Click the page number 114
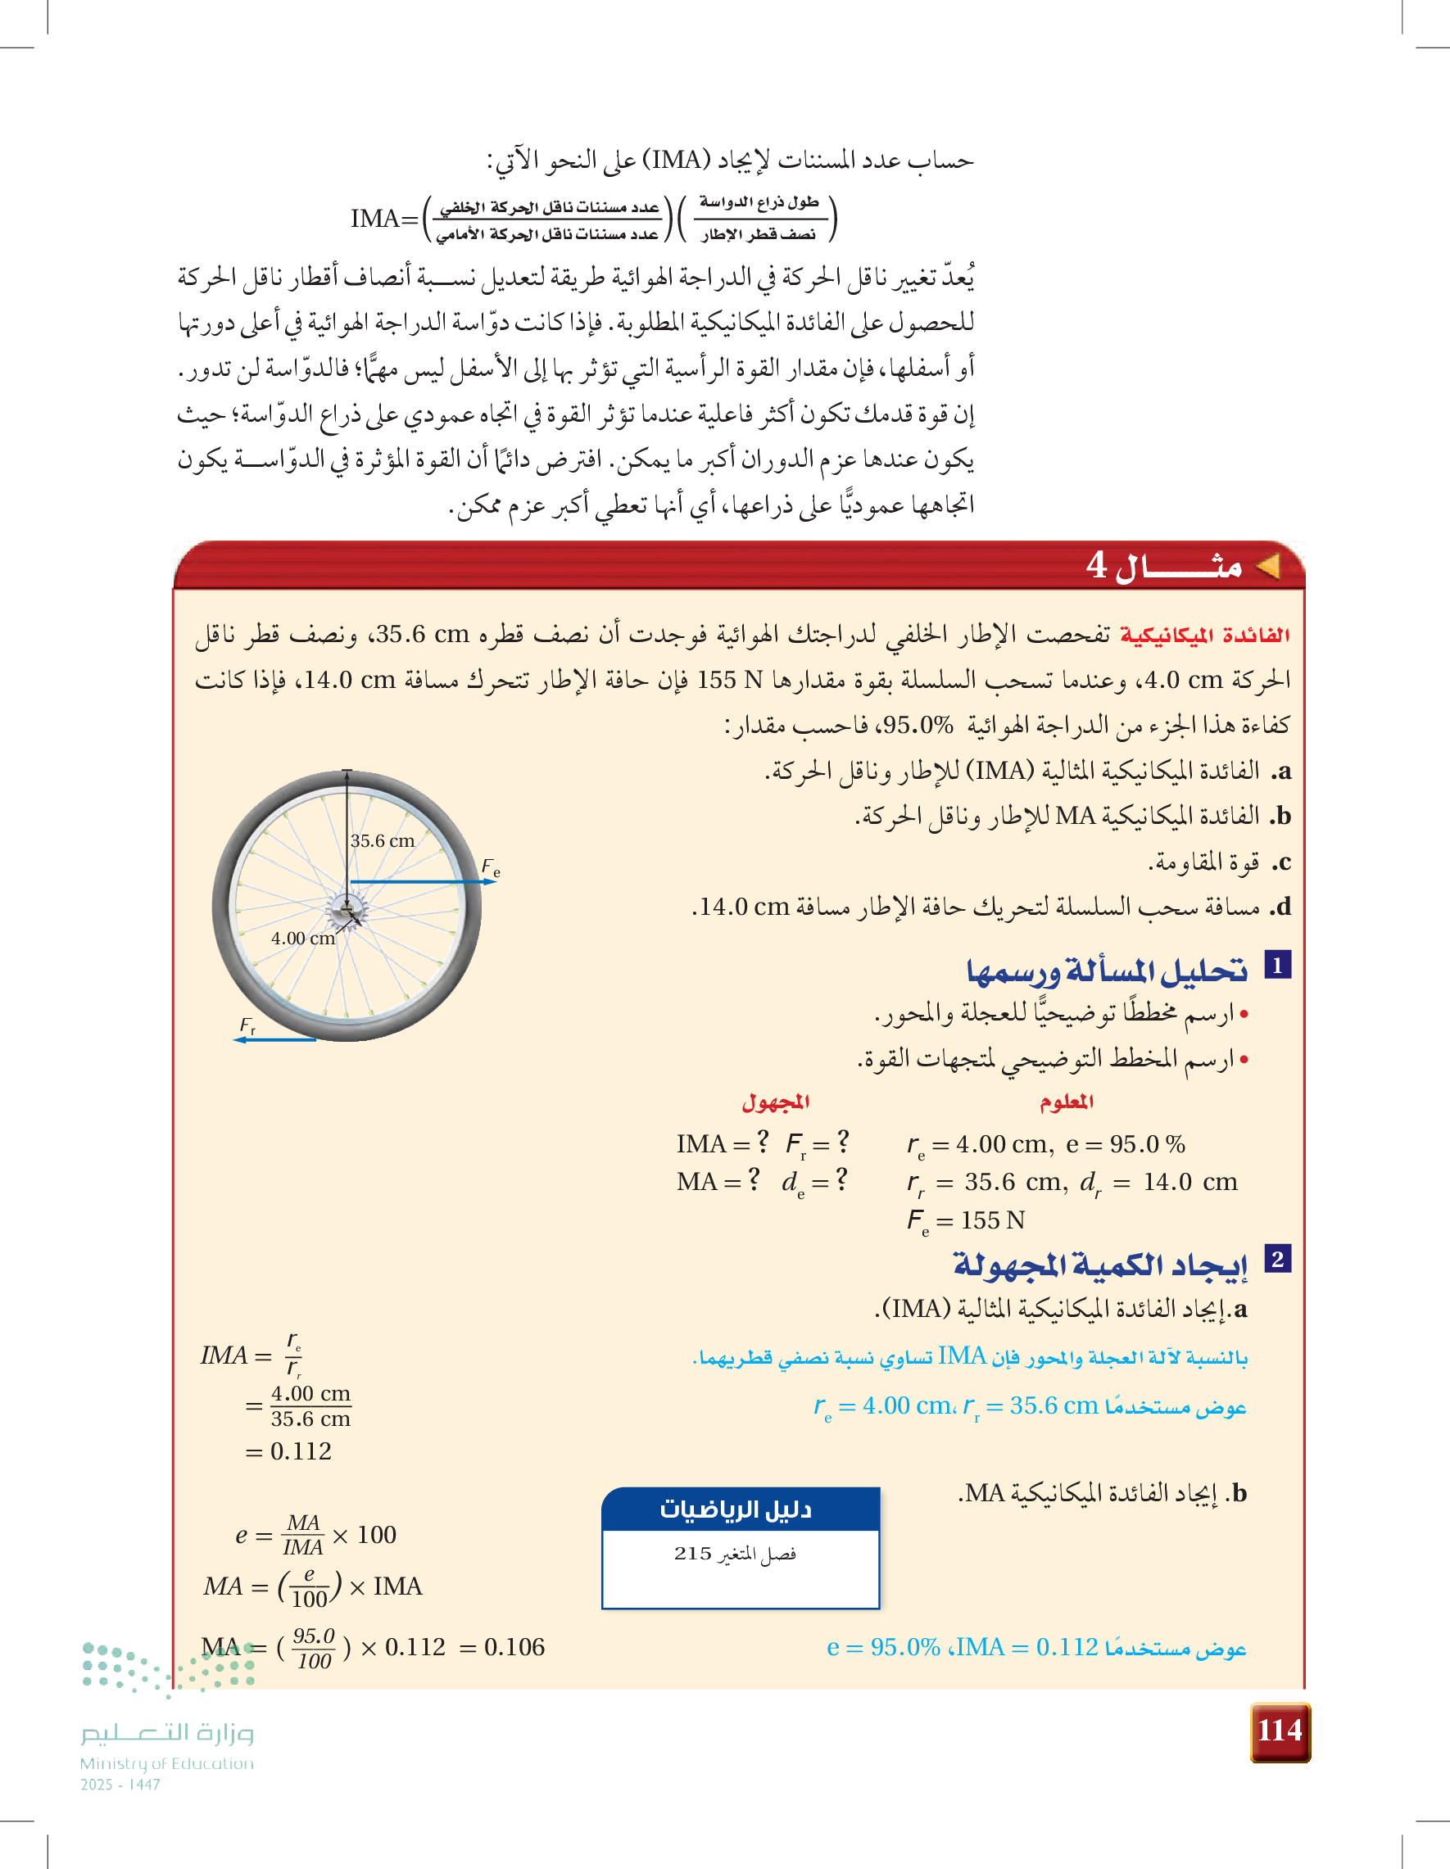click(1279, 1731)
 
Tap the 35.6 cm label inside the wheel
click(382, 841)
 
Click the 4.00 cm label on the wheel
click(303, 938)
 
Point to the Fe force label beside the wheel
click(491, 868)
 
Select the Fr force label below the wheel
click(247, 1025)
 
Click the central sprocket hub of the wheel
click(347, 909)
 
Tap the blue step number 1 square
click(1277, 966)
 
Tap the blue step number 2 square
click(1277, 1259)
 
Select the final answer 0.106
click(514, 1646)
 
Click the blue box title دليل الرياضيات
click(736, 1509)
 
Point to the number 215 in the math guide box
click(692, 1553)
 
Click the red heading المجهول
click(776, 1102)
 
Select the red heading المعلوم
click(1067, 1102)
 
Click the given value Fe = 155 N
click(967, 1220)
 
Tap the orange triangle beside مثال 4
click(1266, 566)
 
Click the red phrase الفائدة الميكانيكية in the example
click(1204, 635)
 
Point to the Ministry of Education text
click(167, 1763)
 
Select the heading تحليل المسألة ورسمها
click(1107, 971)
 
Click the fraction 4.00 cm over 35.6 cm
click(310, 1406)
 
